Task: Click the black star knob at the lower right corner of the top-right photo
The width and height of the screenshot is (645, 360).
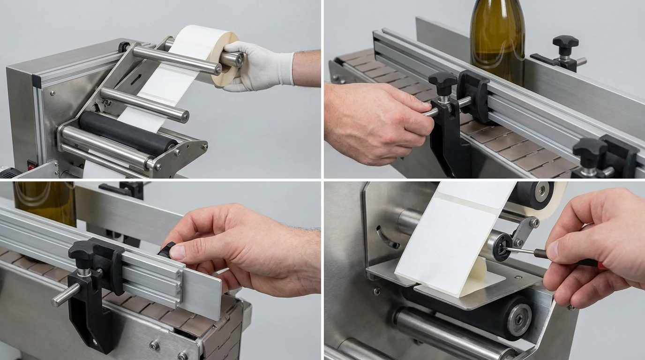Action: pos(590,151)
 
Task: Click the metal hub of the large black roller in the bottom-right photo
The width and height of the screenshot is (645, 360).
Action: pos(518,320)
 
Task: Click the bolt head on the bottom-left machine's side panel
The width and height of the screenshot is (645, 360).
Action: pos(154,346)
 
